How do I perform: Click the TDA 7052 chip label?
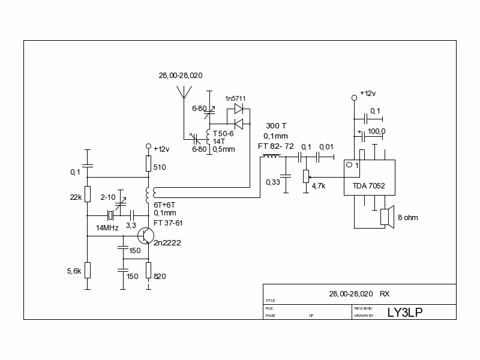pyautogui.click(x=368, y=186)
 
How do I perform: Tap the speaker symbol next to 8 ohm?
pyautogui.click(x=386, y=217)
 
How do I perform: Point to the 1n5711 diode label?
pyautogui.click(x=235, y=98)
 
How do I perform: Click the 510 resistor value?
pyautogui.click(x=160, y=167)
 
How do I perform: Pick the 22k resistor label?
pyautogui.click(x=76, y=197)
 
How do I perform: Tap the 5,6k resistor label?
pyautogui.click(x=74, y=271)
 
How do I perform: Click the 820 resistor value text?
pyautogui.click(x=160, y=276)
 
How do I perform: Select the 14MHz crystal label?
pyautogui.click(x=107, y=228)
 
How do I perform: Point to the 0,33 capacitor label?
pyautogui.click(x=273, y=182)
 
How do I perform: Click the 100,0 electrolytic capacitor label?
pyautogui.click(x=377, y=131)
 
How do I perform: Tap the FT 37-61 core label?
pyautogui.click(x=167, y=223)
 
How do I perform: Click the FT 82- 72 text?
pyautogui.click(x=275, y=146)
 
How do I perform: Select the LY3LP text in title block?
pyautogui.click(x=405, y=312)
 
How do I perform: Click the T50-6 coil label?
pyautogui.click(x=223, y=133)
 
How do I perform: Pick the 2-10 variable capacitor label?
pyautogui.click(x=108, y=197)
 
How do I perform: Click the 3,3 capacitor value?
pyautogui.click(x=130, y=225)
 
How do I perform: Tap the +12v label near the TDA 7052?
pyautogui.click(x=368, y=94)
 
